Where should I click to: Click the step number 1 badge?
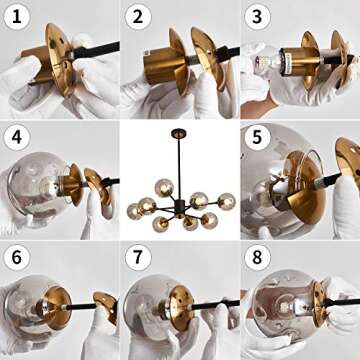(x=17, y=17)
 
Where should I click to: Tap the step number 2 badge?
(x=138, y=17)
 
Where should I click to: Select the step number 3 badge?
(x=258, y=17)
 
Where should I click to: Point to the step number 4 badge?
(x=17, y=137)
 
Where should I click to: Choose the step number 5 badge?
(x=258, y=137)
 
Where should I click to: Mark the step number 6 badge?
(x=17, y=257)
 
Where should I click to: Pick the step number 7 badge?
(x=138, y=257)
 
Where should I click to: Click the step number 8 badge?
(x=258, y=257)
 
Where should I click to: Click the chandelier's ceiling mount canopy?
(x=179, y=134)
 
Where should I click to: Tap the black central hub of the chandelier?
(x=180, y=207)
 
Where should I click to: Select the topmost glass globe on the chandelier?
(x=164, y=188)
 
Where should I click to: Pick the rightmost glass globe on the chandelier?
(x=227, y=202)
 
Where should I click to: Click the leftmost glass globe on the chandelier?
(x=134, y=211)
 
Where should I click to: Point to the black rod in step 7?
(x=213, y=305)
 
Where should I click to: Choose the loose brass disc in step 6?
(x=106, y=307)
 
